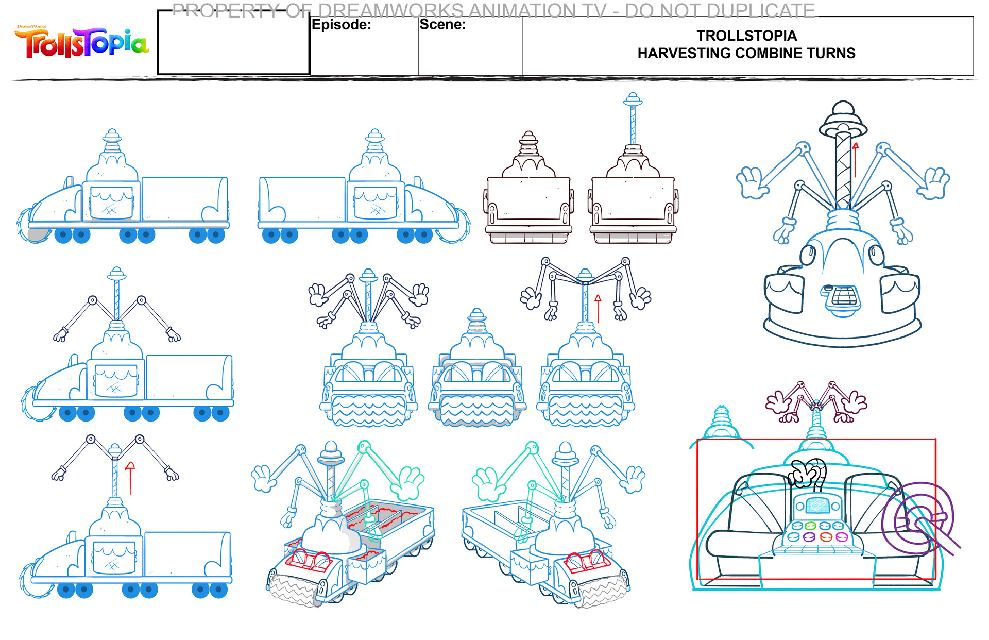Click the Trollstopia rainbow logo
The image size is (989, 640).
click(x=81, y=43)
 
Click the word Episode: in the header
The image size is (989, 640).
click(x=341, y=25)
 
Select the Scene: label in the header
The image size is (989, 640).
click(x=442, y=24)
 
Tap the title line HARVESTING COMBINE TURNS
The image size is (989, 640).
click(x=746, y=53)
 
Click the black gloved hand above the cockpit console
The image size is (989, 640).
click(x=808, y=473)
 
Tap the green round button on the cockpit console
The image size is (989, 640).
click(x=810, y=526)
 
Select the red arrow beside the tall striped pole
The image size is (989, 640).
click(x=856, y=160)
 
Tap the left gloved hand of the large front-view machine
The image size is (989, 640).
click(x=752, y=183)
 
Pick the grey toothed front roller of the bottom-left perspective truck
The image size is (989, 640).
click(x=291, y=591)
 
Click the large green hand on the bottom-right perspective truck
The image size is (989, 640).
click(x=487, y=484)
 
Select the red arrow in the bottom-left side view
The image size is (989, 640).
click(x=130, y=478)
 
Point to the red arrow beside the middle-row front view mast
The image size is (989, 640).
click(x=598, y=308)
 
